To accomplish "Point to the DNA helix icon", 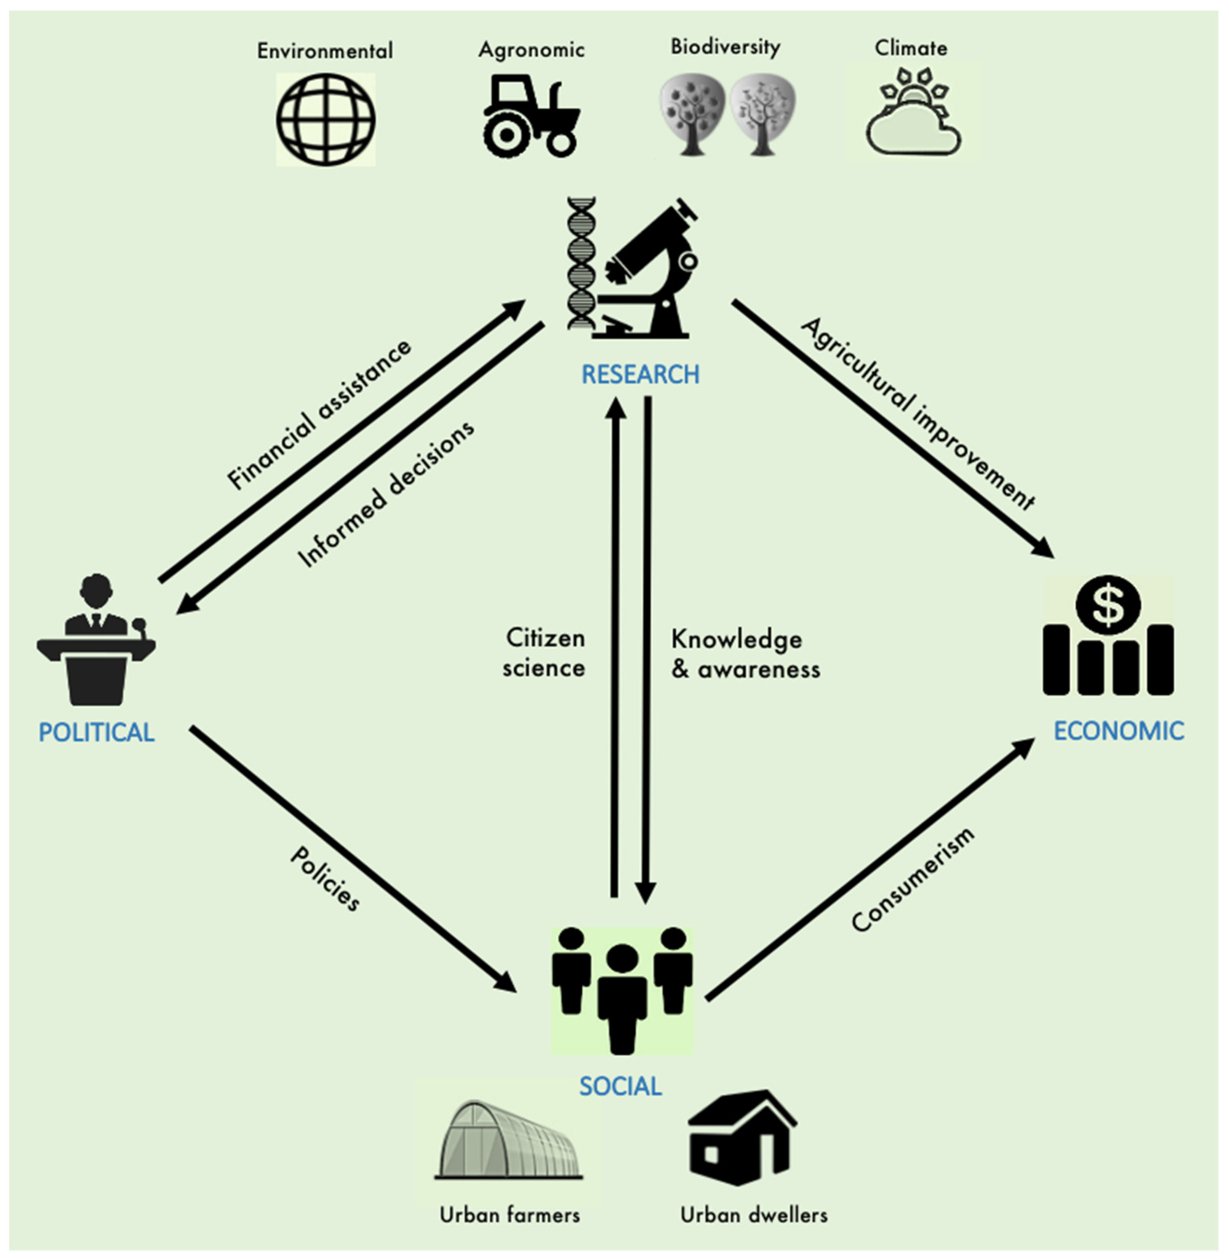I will (x=581, y=264).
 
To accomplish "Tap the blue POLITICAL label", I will (x=97, y=733).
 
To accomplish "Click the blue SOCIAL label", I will (x=620, y=1086).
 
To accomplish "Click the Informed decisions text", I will (x=386, y=494).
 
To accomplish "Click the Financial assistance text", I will (x=319, y=414).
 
